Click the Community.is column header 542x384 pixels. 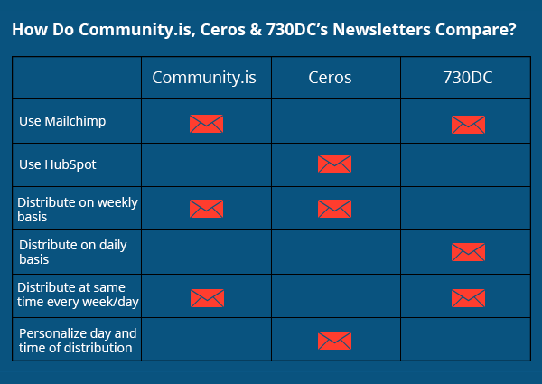[204, 78]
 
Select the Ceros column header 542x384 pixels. [334, 78]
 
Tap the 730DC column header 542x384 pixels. [468, 78]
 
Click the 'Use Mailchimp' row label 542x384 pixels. [62, 120]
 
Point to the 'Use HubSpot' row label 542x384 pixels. [57, 164]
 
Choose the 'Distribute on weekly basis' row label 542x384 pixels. [77, 210]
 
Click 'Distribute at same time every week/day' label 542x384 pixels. [78, 295]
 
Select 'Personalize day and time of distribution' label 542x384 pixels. [78, 340]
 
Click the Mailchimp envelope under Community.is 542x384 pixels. [206, 124]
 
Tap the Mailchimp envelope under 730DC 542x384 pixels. [468, 124]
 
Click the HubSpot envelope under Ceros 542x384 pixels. [334, 164]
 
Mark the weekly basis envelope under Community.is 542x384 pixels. [206, 209]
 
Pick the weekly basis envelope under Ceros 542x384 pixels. [334, 209]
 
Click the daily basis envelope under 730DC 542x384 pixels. [468, 252]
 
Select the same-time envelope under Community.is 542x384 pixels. [206, 297]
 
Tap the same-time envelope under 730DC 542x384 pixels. [468, 297]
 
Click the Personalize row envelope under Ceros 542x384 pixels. [334, 340]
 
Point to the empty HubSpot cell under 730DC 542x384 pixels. [468, 164]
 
